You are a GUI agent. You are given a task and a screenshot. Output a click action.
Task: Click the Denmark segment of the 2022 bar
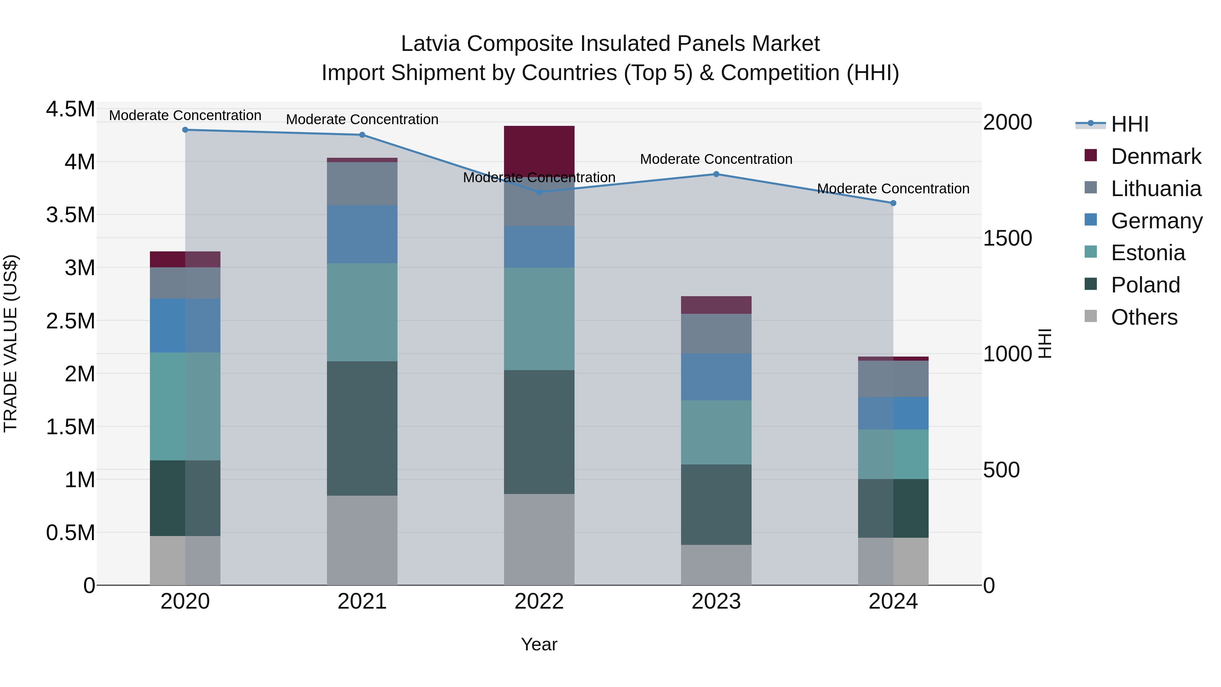click(539, 151)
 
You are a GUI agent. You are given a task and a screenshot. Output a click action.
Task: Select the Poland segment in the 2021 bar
click(362, 428)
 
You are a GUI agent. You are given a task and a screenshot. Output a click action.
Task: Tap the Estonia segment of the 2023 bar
click(716, 432)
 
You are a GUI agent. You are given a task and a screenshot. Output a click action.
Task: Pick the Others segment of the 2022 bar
click(539, 539)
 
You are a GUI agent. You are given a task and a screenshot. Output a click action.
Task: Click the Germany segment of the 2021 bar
click(362, 234)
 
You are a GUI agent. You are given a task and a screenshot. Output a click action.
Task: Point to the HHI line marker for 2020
click(185, 130)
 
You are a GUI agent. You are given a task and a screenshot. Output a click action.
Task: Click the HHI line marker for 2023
click(716, 174)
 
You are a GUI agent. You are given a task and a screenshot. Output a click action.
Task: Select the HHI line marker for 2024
click(893, 203)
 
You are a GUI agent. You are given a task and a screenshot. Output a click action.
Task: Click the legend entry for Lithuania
click(1156, 189)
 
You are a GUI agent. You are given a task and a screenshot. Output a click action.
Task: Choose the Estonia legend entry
click(1147, 253)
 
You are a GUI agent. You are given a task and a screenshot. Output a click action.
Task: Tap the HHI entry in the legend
click(1129, 124)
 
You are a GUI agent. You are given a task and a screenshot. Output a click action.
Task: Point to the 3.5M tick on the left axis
click(70, 215)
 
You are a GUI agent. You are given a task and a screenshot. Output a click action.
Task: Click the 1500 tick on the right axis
click(1007, 238)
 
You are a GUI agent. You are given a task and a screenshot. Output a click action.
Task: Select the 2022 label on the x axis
click(539, 602)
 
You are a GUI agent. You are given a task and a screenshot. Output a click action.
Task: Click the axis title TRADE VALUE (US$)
click(11, 343)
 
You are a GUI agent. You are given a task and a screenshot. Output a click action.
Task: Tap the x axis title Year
click(539, 644)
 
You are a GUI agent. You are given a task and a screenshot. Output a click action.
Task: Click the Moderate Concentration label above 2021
click(362, 119)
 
